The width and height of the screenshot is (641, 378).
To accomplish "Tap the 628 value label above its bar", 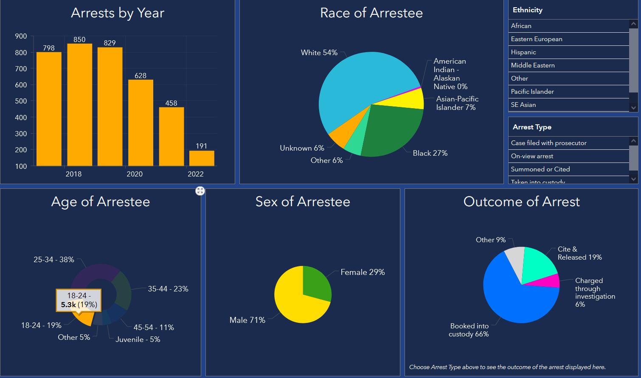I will click(x=141, y=76).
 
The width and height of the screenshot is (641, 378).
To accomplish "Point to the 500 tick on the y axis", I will click(x=21, y=101).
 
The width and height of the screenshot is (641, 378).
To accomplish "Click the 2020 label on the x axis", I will click(x=135, y=174).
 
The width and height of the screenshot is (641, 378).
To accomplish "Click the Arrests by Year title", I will click(x=118, y=13).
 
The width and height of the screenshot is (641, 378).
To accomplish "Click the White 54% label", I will click(x=319, y=53).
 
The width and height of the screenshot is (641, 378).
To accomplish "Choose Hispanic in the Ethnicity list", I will click(x=523, y=52).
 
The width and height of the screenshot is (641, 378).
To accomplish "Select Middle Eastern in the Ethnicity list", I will click(x=533, y=65).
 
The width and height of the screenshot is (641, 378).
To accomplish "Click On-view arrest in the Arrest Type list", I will click(x=532, y=156).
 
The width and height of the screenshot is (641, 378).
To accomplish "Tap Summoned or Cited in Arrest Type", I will click(x=540, y=169).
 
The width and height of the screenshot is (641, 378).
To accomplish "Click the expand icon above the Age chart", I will click(x=200, y=191).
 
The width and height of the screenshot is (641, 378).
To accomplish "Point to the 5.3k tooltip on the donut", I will click(x=79, y=300).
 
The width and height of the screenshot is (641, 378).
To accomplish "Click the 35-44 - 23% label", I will click(x=168, y=289).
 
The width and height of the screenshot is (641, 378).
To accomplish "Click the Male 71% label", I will click(x=247, y=320).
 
